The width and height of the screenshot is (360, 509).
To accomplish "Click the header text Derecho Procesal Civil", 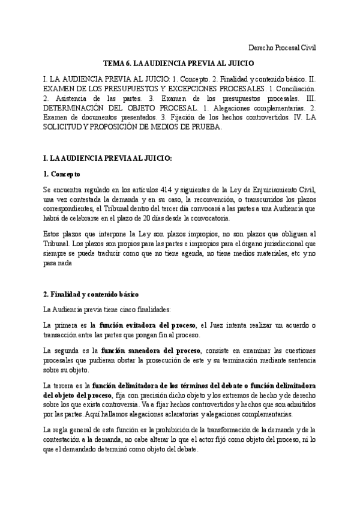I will [x=282, y=47].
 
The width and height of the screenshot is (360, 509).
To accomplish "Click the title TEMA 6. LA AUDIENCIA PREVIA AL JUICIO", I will [x=179, y=63].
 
